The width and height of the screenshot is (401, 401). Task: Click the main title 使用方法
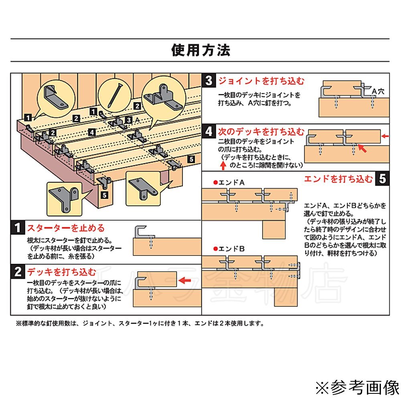[200, 50]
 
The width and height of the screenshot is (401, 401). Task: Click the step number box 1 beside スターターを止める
[18, 228]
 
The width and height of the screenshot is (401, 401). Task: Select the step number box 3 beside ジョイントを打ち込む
[209, 81]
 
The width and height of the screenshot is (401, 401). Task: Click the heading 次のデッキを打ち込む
[261, 132]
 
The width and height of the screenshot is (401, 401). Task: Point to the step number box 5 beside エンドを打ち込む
[382, 179]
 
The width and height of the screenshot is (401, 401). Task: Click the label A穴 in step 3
[378, 91]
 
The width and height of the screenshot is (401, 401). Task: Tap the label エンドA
[230, 182]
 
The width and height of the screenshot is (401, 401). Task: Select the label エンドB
[230, 249]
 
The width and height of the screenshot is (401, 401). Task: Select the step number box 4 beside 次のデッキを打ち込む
[209, 132]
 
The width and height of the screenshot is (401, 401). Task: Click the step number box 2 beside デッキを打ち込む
[18, 272]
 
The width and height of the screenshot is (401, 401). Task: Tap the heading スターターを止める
[65, 228]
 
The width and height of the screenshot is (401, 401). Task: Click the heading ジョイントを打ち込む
[261, 81]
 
